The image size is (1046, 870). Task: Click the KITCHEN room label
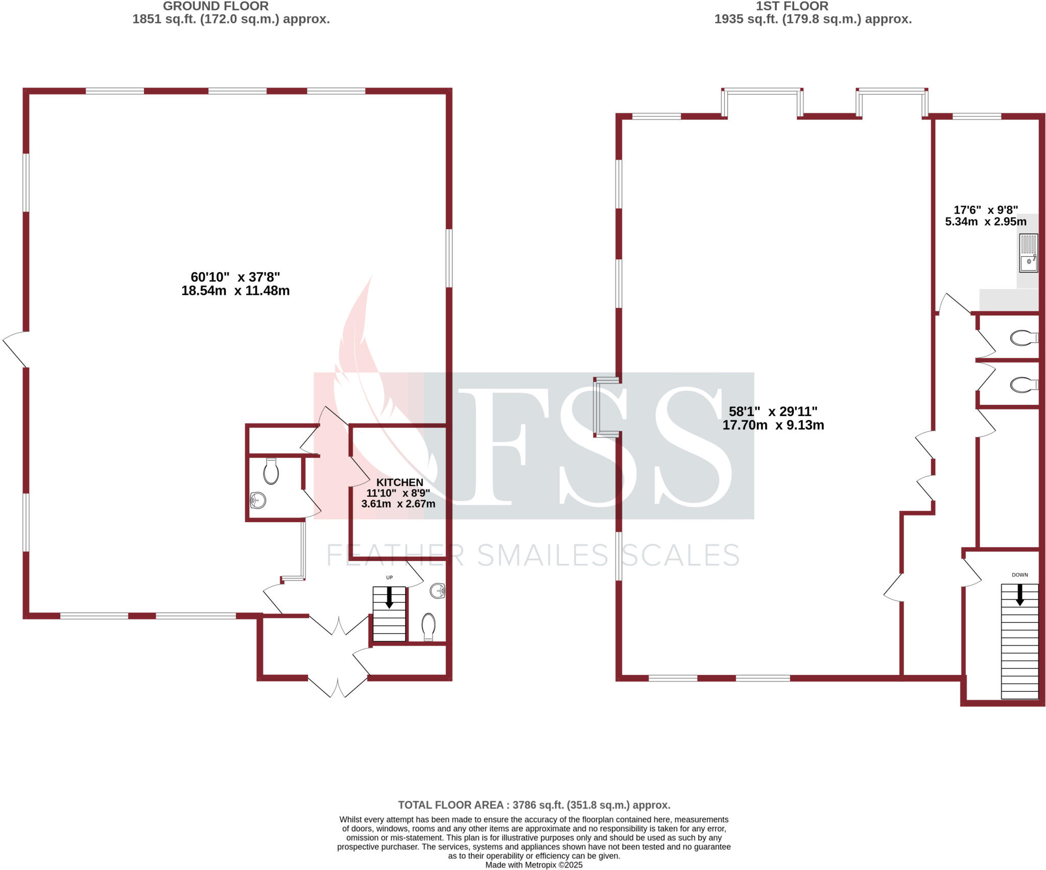coord(399,482)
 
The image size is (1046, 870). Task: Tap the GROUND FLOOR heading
coord(216,7)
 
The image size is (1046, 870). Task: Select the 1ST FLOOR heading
coord(792,7)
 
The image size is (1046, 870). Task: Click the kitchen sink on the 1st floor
coord(1028,253)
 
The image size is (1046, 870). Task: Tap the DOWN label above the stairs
coord(1019,575)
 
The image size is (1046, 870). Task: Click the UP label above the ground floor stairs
coord(389,577)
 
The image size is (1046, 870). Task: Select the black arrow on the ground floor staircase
coord(389,597)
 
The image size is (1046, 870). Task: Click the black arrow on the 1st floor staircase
coord(1019,595)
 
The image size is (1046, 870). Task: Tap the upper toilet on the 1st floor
coord(1024,337)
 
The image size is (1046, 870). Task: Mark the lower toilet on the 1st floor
coord(1024,385)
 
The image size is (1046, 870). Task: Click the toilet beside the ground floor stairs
coord(428,626)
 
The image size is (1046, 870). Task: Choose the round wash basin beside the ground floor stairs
coord(438,591)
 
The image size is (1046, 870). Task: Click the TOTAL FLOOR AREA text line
coord(534,805)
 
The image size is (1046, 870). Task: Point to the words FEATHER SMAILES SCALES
coord(533,555)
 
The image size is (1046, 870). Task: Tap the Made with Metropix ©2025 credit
coord(534,865)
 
